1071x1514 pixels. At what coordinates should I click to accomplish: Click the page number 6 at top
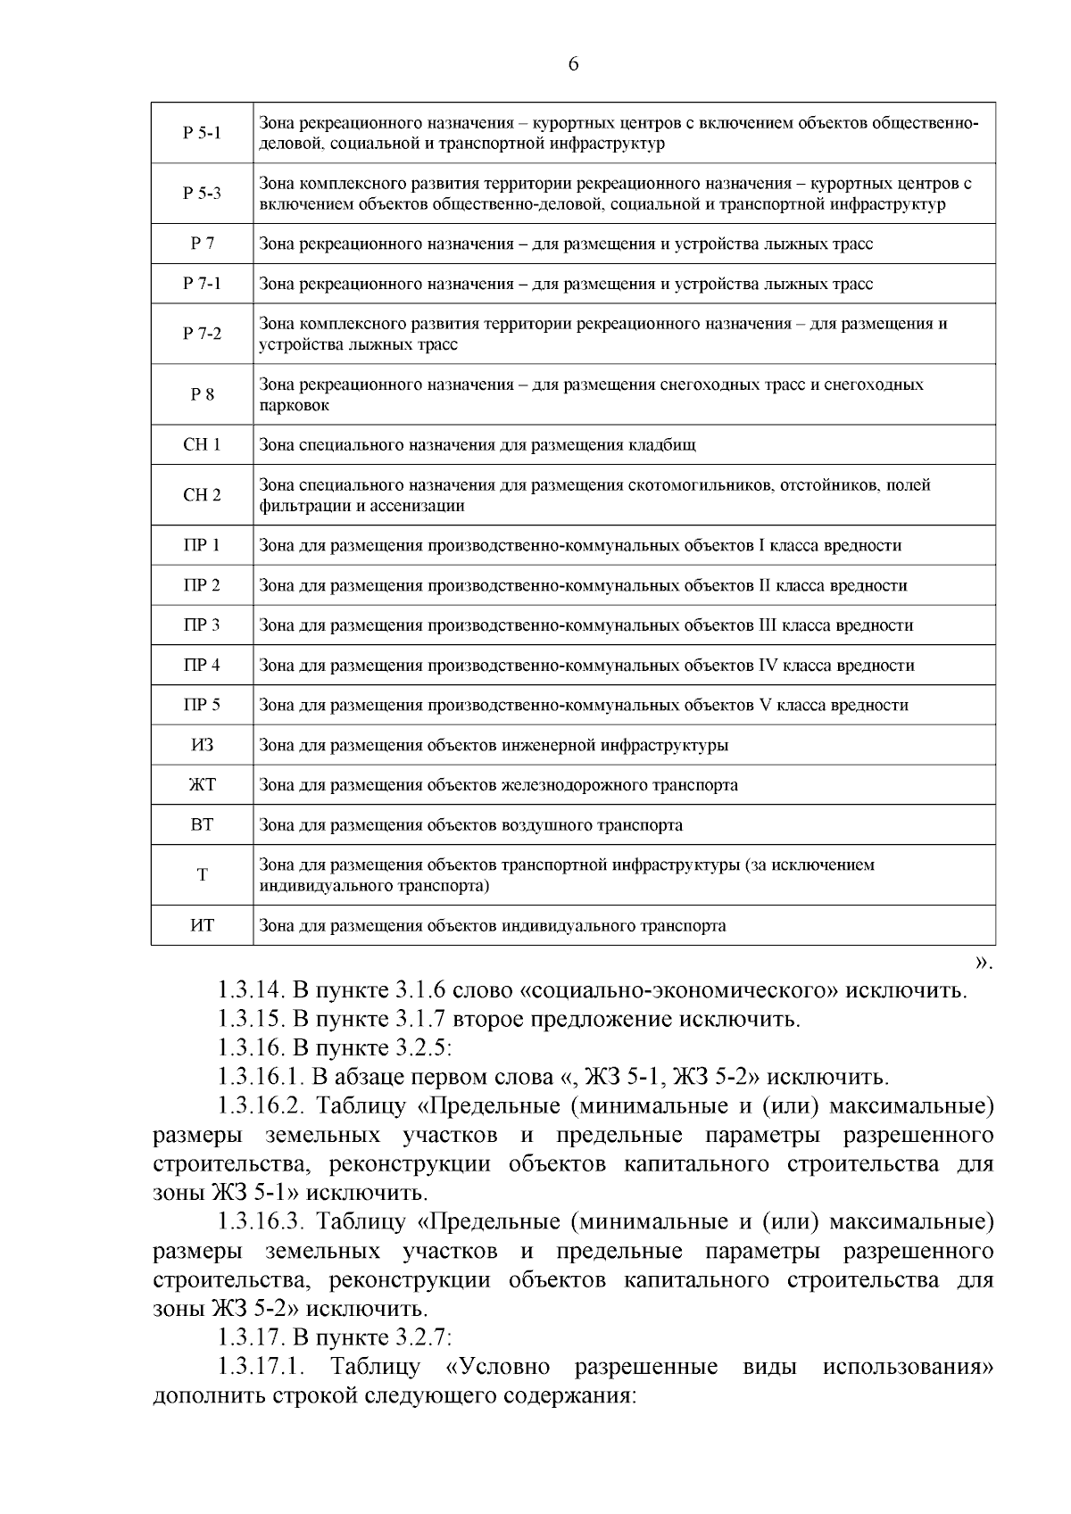click(573, 64)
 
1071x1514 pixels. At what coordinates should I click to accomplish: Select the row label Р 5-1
click(202, 133)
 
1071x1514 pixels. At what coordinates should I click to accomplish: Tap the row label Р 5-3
click(202, 194)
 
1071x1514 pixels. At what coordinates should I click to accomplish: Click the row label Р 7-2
click(202, 334)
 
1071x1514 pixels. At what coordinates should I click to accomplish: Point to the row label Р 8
click(202, 394)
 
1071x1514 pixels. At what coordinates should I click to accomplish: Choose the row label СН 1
click(202, 444)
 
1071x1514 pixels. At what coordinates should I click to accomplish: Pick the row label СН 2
click(202, 495)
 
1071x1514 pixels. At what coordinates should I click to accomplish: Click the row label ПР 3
click(202, 625)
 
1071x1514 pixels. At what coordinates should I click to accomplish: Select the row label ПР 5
click(202, 705)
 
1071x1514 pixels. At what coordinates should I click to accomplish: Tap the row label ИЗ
click(202, 745)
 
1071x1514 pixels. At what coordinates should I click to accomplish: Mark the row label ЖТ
click(202, 785)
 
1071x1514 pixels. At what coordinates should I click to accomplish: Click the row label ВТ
click(202, 825)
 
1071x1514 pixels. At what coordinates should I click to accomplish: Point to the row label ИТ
click(202, 925)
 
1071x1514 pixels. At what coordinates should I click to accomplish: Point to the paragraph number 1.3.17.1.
click(263, 1368)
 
